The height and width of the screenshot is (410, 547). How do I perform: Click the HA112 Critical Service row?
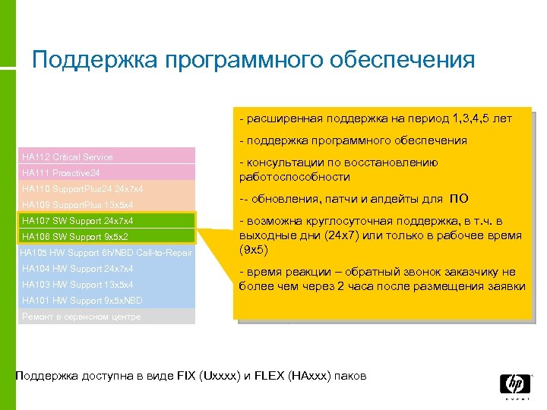coord(106,156)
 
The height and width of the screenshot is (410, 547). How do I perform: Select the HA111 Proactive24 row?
coord(106,172)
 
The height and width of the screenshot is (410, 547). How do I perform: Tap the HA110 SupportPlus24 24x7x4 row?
coord(106,188)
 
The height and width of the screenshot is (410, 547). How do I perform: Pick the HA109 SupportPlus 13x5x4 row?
coord(106,205)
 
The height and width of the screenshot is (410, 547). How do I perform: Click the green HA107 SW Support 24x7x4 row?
coord(106,221)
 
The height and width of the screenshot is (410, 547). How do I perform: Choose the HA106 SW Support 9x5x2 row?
coord(106,237)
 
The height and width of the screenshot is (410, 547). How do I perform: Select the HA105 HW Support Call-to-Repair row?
coord(106,252)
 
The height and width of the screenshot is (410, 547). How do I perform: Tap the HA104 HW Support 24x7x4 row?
coord(106,269)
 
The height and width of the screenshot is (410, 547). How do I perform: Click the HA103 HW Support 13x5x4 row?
coord(106,285)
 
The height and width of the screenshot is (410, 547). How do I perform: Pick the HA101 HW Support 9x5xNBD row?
coord(106,301)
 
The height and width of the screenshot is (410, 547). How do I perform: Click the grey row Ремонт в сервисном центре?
coord(106,317)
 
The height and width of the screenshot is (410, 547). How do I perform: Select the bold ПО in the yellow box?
coord(459,199)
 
